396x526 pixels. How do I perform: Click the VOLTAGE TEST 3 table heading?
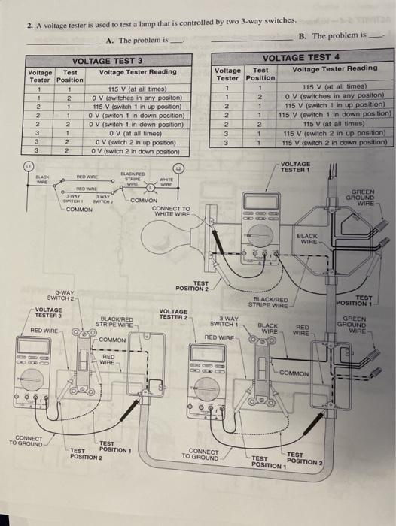point(107,60)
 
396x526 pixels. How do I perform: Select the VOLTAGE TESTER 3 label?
point(49,313)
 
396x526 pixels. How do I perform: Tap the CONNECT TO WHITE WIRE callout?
point(171,211)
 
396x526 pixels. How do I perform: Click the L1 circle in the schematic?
point(29,165)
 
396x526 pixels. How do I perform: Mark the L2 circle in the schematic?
point(178,168)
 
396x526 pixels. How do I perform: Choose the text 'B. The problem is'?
point(332,35)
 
